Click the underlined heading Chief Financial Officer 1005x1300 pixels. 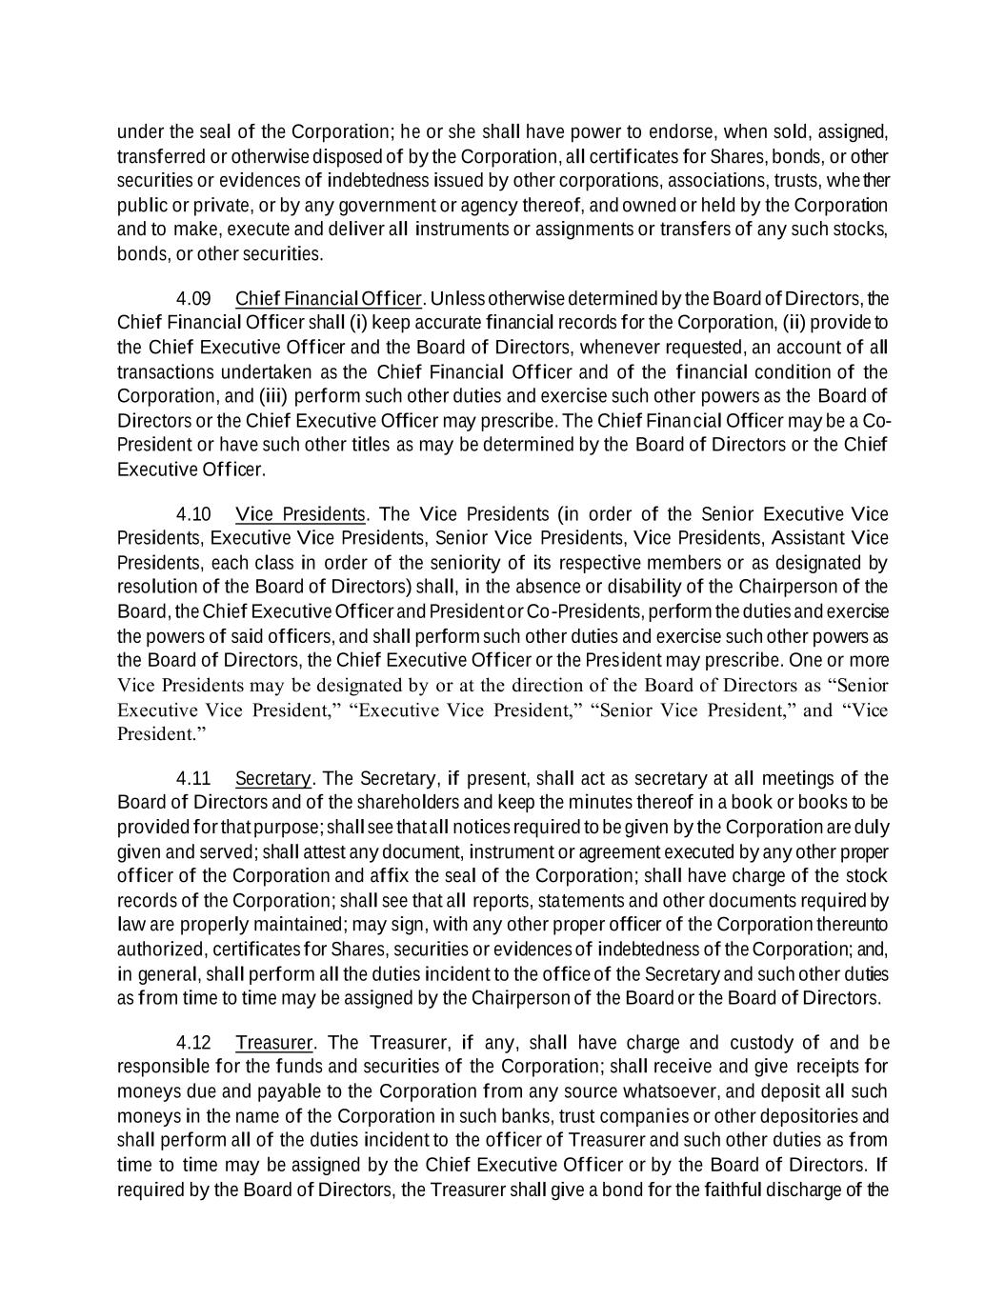[328, 299]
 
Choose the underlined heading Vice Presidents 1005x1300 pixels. [300, 515]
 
